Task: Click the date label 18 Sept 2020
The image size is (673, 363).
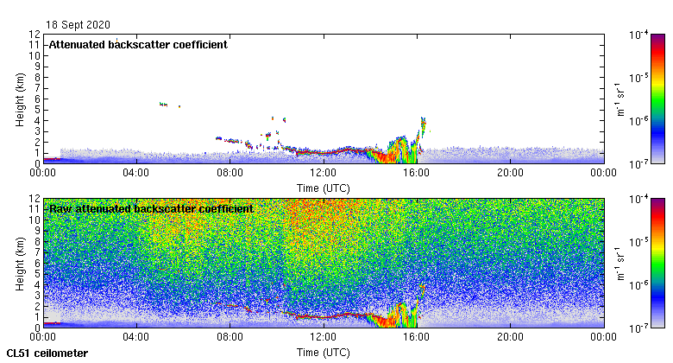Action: click(x=79, y=25)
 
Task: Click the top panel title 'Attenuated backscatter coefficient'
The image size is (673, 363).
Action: click(x=138, y=44)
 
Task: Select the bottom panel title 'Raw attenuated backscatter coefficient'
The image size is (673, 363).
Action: click(x=151, y=208)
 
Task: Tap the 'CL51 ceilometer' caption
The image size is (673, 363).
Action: click(x=47, y=353)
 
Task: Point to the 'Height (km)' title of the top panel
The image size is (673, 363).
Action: click(x=20, y=99)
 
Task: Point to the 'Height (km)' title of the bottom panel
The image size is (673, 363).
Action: click(x=20, y=263)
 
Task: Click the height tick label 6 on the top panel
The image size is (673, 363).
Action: click(x=37, y=99)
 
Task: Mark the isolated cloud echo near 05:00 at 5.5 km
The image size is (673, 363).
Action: click(x=163, y=104)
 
